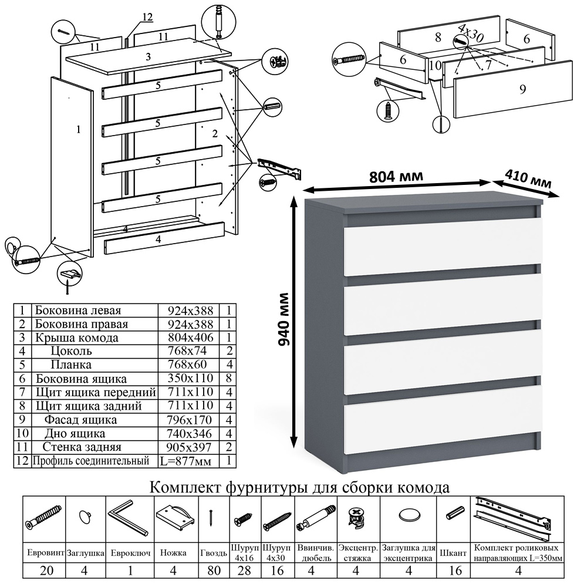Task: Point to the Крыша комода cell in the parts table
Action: tap(76, 338)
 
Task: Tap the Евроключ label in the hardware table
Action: tap(130, 553)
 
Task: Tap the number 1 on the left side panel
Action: tap(78, 130)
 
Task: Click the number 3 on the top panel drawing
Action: tap(149, 57)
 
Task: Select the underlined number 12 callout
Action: tap(147, 18)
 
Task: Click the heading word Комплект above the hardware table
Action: tap(186, 488)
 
